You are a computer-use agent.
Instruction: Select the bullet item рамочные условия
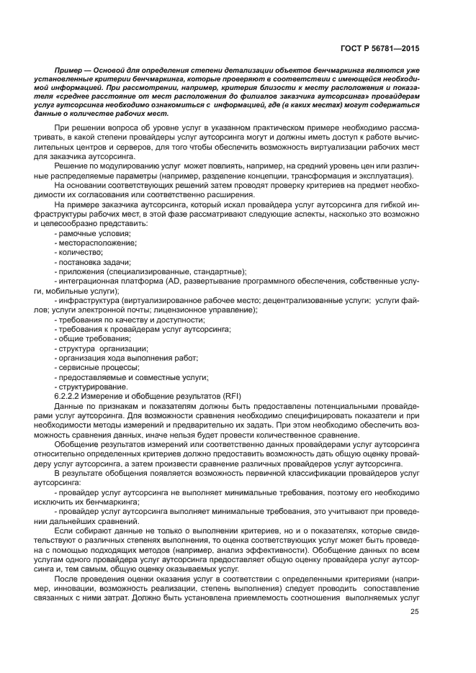click(x=94, y=234)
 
